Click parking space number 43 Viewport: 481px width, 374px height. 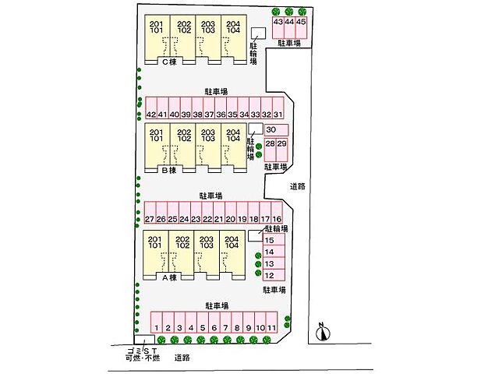click(278, 27)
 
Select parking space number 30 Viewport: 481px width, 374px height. click(277, 130)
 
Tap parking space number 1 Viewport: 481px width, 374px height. click(157, 323)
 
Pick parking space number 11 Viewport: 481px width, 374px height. click(272, 323)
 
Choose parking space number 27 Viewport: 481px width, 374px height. click(150, 212)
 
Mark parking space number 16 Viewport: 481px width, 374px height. click(277, 212)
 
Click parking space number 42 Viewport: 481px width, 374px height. click(151, 108)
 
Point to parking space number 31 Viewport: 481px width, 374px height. click(278, 108)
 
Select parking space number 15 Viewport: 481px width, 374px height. click(274, 239)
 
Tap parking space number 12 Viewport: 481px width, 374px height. click(274, 275)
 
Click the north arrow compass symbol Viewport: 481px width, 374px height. click(323, 332)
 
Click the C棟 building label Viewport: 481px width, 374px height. click(169, 62)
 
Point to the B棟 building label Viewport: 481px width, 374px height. click(169, 170)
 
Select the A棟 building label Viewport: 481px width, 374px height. click(169, 277)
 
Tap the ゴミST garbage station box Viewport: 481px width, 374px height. click(144, 340)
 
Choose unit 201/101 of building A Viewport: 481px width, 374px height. click(156, 252)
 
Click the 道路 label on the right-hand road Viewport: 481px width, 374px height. click(298, 186)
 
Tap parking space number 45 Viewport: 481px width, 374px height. click(301, 27)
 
